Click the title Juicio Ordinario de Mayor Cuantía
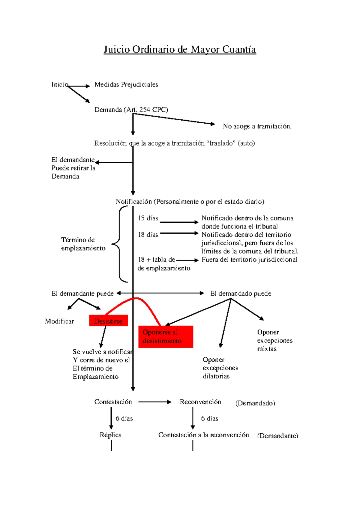180,50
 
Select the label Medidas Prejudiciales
126,85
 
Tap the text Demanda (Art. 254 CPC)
131,110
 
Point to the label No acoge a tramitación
257,126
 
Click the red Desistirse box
108,321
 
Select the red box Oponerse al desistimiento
166,337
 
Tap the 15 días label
148,218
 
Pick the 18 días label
148,234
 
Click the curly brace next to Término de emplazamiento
119,244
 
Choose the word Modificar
59,321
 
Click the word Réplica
111,435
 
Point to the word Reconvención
200,402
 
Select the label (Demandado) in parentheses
255,403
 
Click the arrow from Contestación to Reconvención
155,402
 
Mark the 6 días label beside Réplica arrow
124,418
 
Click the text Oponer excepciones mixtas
275,340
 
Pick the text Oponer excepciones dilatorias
220,368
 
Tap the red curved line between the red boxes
136,298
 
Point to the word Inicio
60,85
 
